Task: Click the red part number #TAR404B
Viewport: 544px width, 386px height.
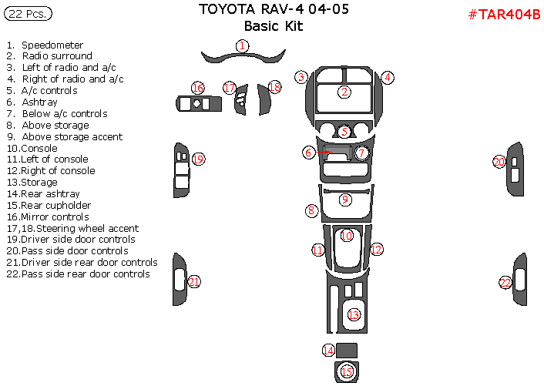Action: tap(504, 15)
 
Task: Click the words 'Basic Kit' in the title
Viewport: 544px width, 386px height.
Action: tap(268, 26)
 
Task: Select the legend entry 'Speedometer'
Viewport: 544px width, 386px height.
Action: tap(52, 45)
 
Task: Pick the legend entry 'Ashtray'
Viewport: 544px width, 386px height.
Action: tap(39, 102)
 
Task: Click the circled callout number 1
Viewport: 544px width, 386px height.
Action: tap(242, 46)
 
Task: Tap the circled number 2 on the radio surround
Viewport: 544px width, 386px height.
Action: tap(344, 92)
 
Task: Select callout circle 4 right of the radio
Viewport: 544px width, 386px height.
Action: tap(388, 78)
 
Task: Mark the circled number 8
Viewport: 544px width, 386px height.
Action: tap(311, 210)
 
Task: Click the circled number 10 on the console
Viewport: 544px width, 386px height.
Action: tap(347, 235)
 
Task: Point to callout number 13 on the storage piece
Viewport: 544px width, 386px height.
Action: tap(354, 314)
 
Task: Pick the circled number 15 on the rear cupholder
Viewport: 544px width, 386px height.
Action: tap(347, 372)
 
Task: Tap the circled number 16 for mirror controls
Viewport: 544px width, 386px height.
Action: tap(198, 88)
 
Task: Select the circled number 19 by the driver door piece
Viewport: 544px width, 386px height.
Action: tap(198, 159)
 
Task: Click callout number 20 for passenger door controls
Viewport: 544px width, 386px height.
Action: tap(499, 162)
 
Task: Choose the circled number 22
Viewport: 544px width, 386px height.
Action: tap(505, 283)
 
